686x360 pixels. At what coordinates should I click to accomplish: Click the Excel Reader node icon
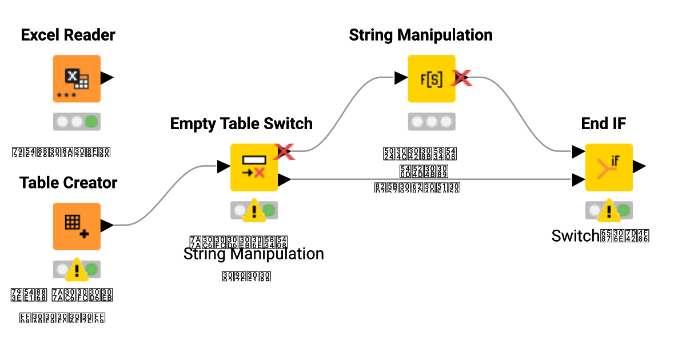coord(77,78)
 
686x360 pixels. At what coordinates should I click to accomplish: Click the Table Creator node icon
coord(77,226)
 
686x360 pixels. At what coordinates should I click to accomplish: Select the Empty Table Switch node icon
coord(254,167)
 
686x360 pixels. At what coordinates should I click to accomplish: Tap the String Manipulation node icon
coord(431,78)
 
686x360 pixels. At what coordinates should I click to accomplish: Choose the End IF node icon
coord(608,167)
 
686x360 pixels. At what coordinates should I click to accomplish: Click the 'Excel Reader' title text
coord(68,35)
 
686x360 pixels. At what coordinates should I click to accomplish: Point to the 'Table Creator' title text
coord(68,183)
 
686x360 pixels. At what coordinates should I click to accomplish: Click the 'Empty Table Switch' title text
coord(241,123)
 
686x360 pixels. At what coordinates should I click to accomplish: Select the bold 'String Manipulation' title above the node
coord(421,35)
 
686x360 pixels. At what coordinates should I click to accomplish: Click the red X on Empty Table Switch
coord(284,151)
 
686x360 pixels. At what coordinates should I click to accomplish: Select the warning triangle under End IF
coord(609,211)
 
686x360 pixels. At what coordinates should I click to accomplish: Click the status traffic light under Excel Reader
coord(77,122)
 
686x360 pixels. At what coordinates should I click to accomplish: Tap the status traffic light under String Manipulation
coord(431,122)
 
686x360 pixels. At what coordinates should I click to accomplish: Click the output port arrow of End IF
coord(639,167)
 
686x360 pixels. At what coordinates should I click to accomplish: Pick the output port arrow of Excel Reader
coord(107,78)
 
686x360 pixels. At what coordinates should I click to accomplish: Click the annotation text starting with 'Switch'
coord(600,236)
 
